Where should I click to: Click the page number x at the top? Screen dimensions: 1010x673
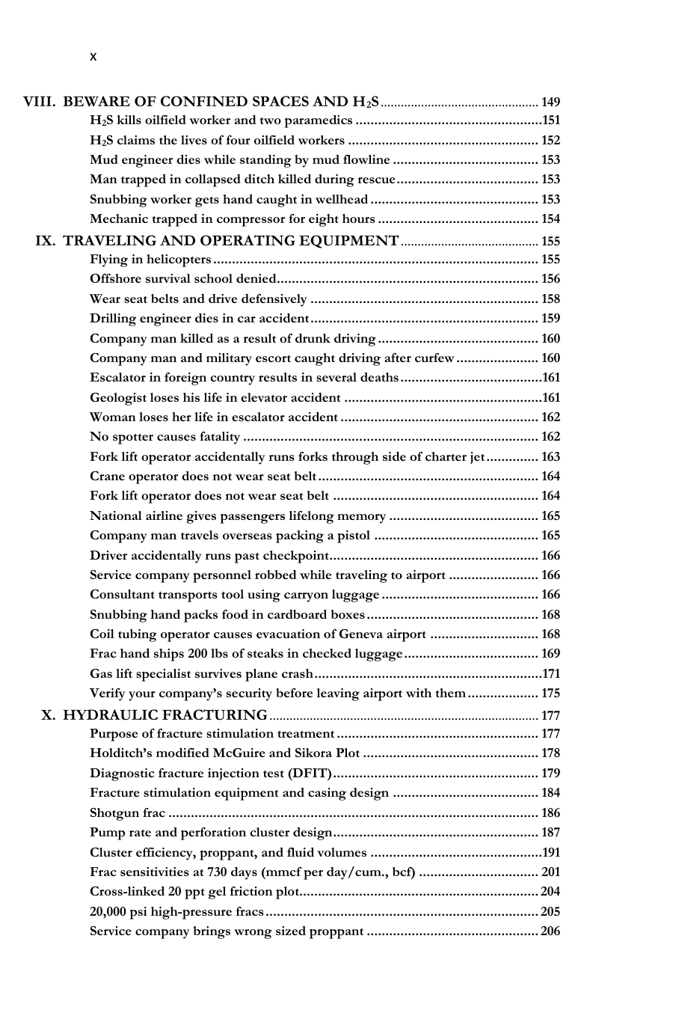[93, 57]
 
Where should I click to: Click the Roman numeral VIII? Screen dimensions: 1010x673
[38, 102]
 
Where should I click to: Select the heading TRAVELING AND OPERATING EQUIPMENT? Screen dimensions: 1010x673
[230, 241]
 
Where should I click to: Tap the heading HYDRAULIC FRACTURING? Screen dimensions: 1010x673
[165, 715]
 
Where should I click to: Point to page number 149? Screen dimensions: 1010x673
[550, 102]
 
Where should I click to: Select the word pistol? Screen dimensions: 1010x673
[352, 536]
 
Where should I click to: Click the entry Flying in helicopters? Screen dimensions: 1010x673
[150, 260]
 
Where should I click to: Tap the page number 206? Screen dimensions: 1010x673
[550, 931]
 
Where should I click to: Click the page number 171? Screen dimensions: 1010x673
[551, 673]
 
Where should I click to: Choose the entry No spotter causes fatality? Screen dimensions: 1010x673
[165, 437]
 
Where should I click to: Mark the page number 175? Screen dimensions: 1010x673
[550, 694]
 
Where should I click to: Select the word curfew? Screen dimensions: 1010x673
[434, 358]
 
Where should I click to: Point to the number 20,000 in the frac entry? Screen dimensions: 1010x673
[108, 911]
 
